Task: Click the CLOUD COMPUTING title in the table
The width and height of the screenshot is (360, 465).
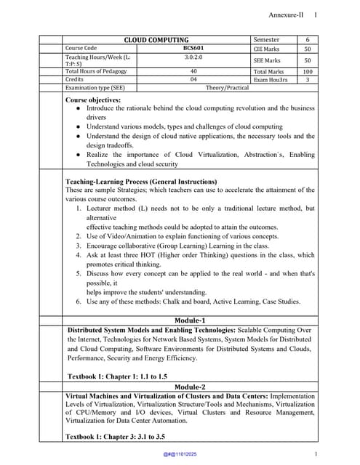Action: (x=156, y=40)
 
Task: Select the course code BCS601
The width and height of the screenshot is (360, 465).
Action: (x=193, y=48)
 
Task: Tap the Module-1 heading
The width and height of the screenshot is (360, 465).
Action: (x=190, y=320)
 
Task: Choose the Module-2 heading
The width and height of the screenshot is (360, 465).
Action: (x=190, y=387)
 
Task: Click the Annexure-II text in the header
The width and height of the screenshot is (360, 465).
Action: (x=286, y=15)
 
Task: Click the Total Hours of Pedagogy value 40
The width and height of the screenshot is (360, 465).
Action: (x=193, y=71)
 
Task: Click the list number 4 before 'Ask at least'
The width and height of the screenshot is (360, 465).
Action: (x=79, y=255)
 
